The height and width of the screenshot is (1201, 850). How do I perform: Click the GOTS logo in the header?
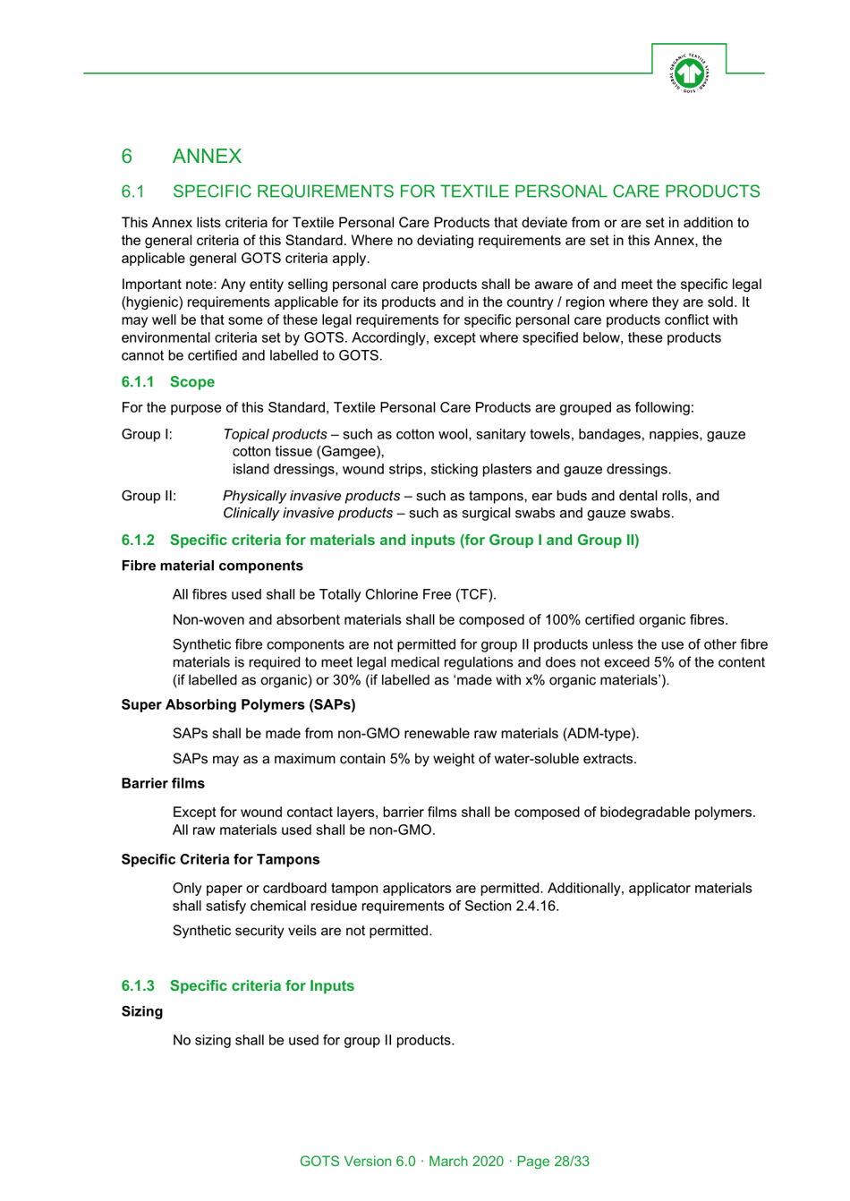point(688,72)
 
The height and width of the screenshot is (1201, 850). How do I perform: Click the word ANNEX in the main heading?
point(207,157)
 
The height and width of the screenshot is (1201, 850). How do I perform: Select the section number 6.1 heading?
point(133,192)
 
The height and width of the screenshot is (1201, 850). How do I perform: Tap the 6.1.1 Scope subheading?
point(168,382)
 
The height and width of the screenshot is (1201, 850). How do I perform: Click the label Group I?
point(147,435)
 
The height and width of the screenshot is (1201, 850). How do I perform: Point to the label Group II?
point(149,496)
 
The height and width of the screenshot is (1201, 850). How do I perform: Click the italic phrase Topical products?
point(275,435)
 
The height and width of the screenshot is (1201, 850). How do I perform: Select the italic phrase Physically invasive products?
point(310,496)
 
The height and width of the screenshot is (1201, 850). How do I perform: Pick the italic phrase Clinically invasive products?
point(307,514)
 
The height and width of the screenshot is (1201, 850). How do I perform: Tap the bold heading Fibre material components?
point(212,566)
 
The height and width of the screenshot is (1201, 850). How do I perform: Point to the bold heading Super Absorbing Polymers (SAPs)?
point(238,705)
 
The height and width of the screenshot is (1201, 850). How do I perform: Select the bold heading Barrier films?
point(163,784)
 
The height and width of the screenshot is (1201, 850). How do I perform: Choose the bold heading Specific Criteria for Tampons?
point(220,860)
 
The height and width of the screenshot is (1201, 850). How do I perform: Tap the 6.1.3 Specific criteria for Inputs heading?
point(238,986)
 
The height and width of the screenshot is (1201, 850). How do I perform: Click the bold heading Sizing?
point(142,1012)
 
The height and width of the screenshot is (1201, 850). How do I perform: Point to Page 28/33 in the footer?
point(553,1162)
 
